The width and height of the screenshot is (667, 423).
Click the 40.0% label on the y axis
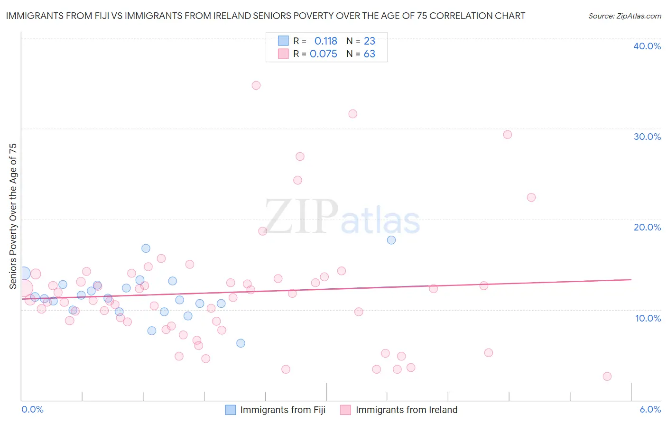coord(647,46)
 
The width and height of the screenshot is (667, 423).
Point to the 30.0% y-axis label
coord(647,137)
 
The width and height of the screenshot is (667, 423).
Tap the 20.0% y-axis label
coord(647,227)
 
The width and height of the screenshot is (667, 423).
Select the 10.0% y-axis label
coord(648,318)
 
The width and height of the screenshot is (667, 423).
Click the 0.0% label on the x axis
coord(32,410)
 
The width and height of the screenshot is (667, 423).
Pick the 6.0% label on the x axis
coord(650,410)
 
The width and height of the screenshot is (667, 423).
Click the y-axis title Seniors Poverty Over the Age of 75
coord(13,216)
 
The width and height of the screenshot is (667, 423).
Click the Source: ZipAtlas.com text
coord(624,16)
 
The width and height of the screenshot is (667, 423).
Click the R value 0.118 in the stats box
coord(325,41)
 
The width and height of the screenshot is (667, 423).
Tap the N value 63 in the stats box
coord(369,54)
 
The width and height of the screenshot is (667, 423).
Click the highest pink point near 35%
coord(256,85)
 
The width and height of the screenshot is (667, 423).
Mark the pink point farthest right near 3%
coord(607,377)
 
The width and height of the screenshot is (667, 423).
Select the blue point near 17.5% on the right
coord(391,240)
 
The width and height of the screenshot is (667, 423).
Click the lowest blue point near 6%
coord(241,343)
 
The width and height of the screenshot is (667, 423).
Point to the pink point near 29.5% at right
coord(508,135)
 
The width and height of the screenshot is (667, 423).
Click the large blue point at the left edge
coord(24,273)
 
